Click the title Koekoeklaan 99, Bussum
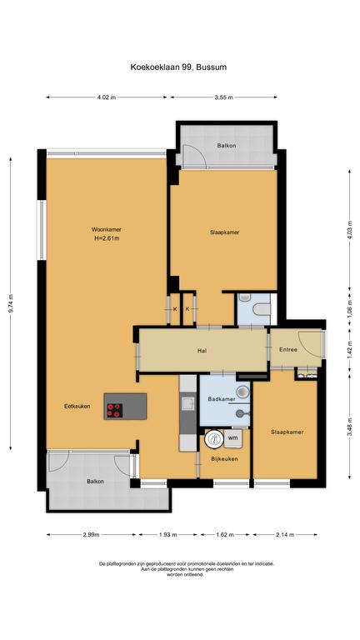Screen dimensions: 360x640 point(178,67)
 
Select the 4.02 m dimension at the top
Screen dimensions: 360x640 point(106,97)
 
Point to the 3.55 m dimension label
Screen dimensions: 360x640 point(223,97)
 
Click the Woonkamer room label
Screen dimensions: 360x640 point(106,229)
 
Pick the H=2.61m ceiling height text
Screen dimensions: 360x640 point(107,238)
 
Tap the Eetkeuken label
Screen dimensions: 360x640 point(77,406)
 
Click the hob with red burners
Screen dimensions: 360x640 point(114,411)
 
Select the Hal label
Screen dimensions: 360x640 point(202,350)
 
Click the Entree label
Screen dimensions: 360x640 point(288,350)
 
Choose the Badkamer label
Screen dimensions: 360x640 point(221,399)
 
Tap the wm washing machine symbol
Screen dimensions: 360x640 point(232,438)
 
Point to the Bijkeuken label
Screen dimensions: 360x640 point(224,459)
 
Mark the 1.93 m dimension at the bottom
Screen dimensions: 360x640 point(167,534)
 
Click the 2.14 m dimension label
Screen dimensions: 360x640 point(285,534)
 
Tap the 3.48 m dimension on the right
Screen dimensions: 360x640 point(350,427)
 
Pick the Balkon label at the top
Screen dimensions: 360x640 point(227,145)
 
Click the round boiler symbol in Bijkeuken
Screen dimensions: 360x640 point(213,439)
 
